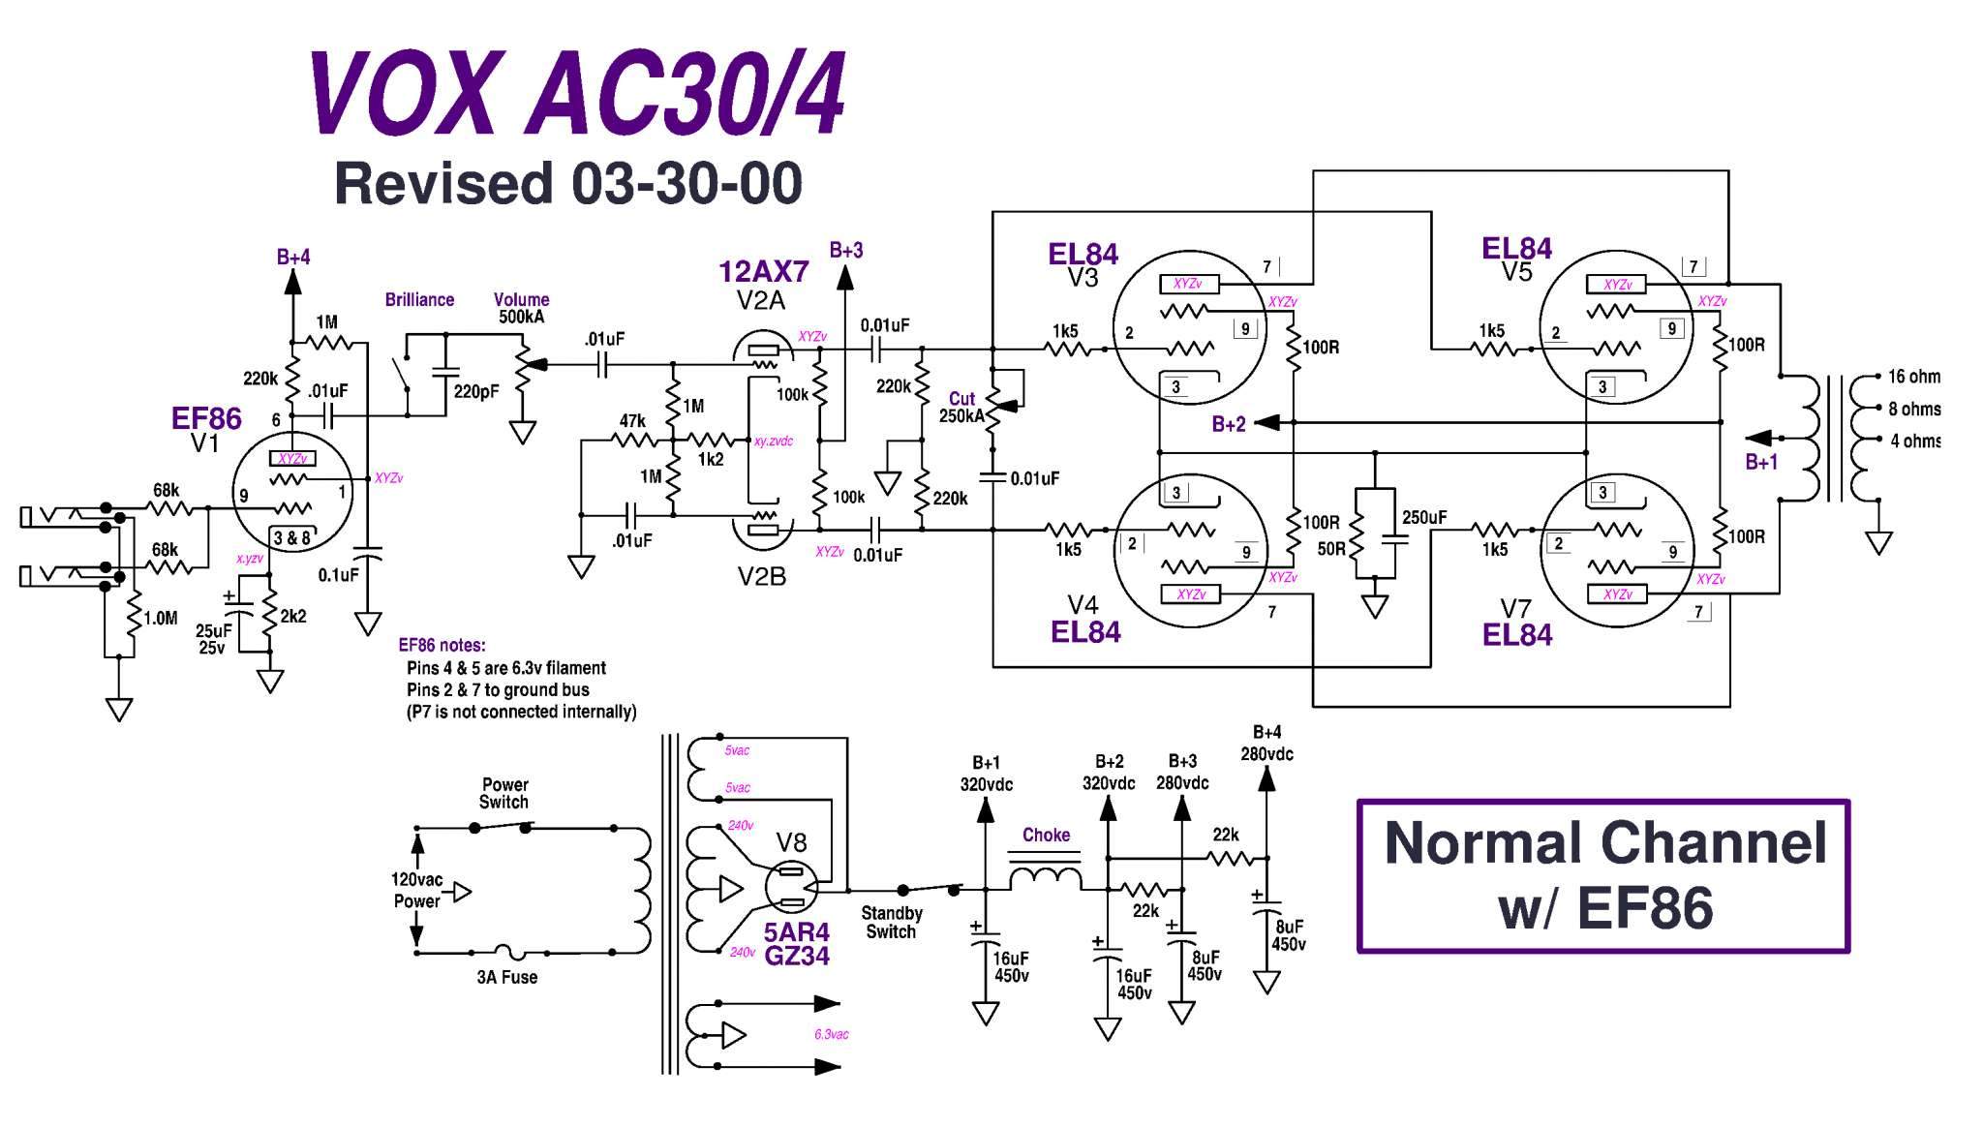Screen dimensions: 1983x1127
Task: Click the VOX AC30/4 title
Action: tap(578, 94)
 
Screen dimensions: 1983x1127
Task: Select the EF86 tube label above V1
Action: tap(206, 418)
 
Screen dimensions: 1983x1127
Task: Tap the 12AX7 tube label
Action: tap(764, 271)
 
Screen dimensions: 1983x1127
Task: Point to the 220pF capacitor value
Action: tap(476, 391)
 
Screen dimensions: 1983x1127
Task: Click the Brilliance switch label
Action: tap(419, 300)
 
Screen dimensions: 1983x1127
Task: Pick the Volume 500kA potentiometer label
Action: tap(521, 308)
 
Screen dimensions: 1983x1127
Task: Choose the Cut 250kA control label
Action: tap(961, 407)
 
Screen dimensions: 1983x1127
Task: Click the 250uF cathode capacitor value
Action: tap(1424, 517)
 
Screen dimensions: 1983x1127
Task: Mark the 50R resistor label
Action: tap(1331, 549)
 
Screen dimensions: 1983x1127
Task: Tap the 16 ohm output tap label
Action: tap(1913, 377)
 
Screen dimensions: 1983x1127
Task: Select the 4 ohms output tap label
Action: tap(1915, 441)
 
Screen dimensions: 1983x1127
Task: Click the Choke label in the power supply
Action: tap(1046, 835)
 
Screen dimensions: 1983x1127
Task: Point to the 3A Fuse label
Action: tap(506, 977)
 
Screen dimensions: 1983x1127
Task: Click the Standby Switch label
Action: tap(891, 922)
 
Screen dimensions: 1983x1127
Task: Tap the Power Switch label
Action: tap(504, 793)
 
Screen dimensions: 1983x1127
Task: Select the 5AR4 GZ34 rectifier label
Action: tap(797, 944)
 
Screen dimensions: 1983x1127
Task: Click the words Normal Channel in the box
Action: tap(1605, 842)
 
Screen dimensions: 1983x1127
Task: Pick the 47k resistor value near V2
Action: tap(632, 421)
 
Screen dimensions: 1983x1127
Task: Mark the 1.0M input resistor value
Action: tap(160, 618)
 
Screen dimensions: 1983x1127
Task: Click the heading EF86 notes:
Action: tap(442, 646)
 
